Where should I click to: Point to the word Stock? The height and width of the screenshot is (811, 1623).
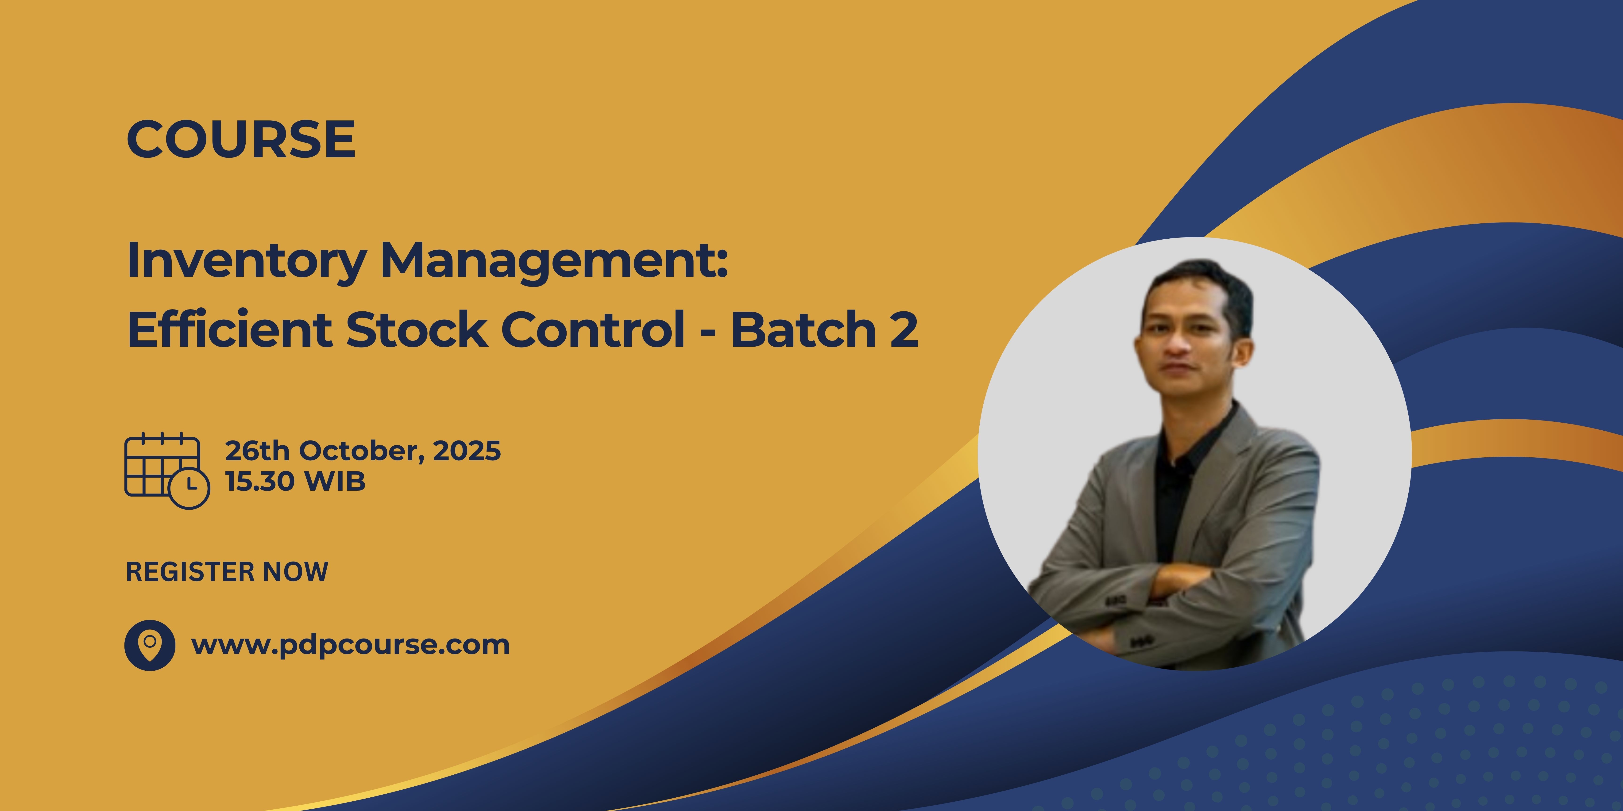[417, 329]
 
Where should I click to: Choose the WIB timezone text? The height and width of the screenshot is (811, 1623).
[335, 482]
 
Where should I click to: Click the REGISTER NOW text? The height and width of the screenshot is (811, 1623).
[227, 572]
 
